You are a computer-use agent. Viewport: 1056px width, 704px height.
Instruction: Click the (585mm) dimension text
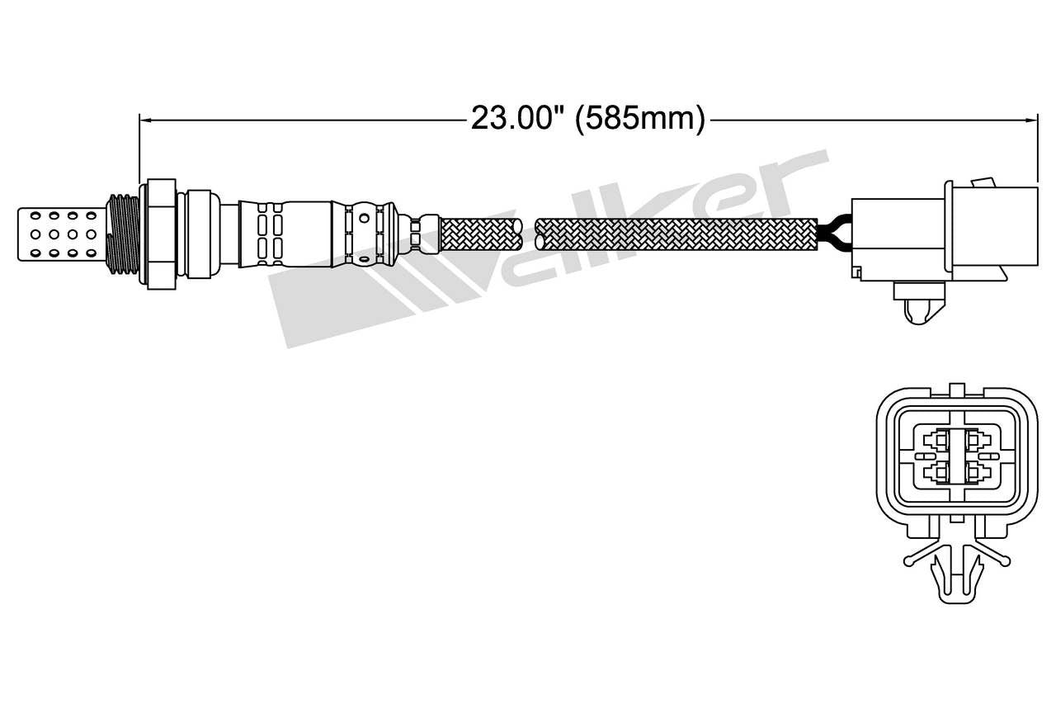[640, 119]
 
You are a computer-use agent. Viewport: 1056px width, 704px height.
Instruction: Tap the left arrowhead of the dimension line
[145, 120]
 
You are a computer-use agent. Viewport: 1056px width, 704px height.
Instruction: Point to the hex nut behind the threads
[160, 233]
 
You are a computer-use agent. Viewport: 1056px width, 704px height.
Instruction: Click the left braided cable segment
[482, 233]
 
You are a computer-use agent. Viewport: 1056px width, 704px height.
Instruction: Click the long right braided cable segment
[676, 233]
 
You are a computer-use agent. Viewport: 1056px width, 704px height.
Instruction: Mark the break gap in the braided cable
[530, 233]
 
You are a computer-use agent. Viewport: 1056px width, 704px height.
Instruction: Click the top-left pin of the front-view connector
[936, 440]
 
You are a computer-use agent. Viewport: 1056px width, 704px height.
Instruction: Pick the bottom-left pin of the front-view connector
[936, 472]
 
